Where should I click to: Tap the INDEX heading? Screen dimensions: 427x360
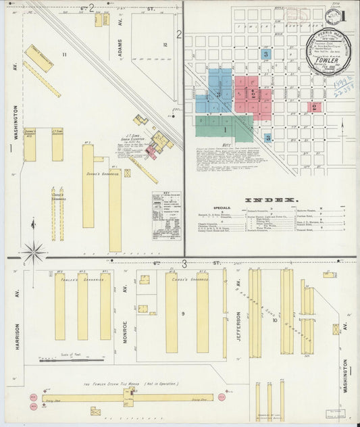(271, 200)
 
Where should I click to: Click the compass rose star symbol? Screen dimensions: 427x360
(33, 253)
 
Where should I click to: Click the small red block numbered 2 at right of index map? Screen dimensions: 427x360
(315, 107)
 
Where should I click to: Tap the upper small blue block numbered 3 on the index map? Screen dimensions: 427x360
(266, 53)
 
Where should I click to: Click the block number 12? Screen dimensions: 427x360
(164, 45)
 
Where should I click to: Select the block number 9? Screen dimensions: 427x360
(182, 313)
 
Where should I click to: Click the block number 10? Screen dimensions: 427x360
(274, 320)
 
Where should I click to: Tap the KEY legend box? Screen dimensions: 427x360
(165, 215)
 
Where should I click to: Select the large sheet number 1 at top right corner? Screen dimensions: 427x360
(343, 15)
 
